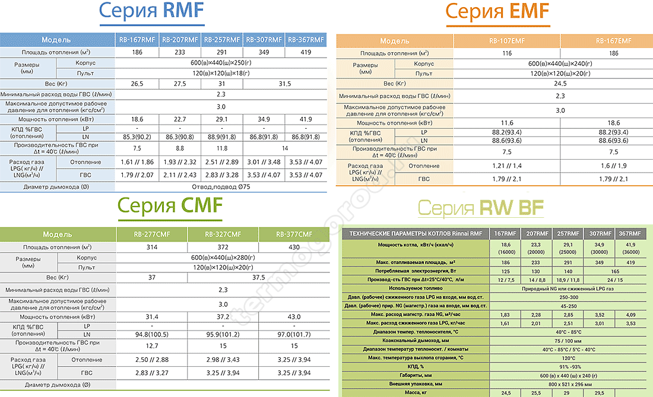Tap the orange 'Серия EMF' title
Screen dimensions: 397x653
point(497,11)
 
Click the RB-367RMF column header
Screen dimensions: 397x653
point(306,40)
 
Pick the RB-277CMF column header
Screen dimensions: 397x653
point(152,234)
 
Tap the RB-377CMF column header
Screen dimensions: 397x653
point(294,234)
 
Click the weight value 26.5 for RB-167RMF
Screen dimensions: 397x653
point(137,84)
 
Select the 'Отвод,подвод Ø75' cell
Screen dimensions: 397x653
point(221,187)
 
